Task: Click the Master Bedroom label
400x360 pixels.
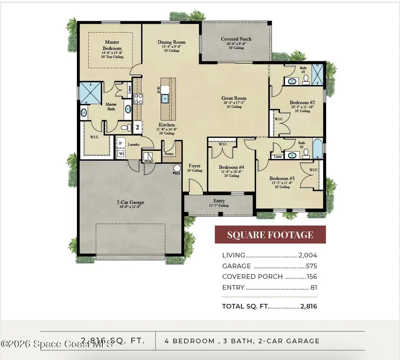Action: [112, 45]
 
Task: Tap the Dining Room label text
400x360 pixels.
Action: [171, 43]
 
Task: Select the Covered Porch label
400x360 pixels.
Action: [236, 39]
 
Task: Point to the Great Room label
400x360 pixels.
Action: [235, 99]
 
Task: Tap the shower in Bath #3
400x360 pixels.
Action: [318, 71]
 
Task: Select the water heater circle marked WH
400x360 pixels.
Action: [177, 169]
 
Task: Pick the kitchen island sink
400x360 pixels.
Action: [165, 99]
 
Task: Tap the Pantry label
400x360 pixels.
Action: [168, 154]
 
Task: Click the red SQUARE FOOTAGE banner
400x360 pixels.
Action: [270, 235]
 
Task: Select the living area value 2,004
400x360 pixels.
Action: [308, 255]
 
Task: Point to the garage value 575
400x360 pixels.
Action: [311, 266]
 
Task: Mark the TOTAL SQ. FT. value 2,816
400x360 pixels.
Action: [308, 306]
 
